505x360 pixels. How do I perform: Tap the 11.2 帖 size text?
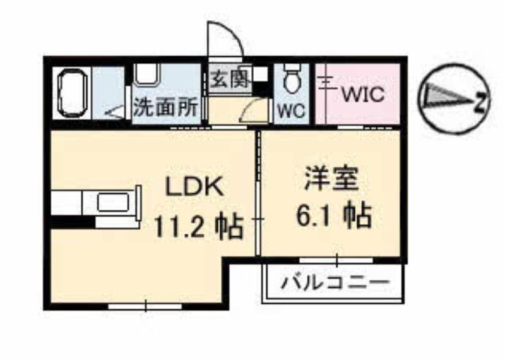198,227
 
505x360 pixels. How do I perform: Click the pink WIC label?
363,95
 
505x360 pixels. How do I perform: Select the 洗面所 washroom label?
165,108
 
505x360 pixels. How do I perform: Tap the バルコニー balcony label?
333,282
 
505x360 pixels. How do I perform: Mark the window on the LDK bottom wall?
145,306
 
